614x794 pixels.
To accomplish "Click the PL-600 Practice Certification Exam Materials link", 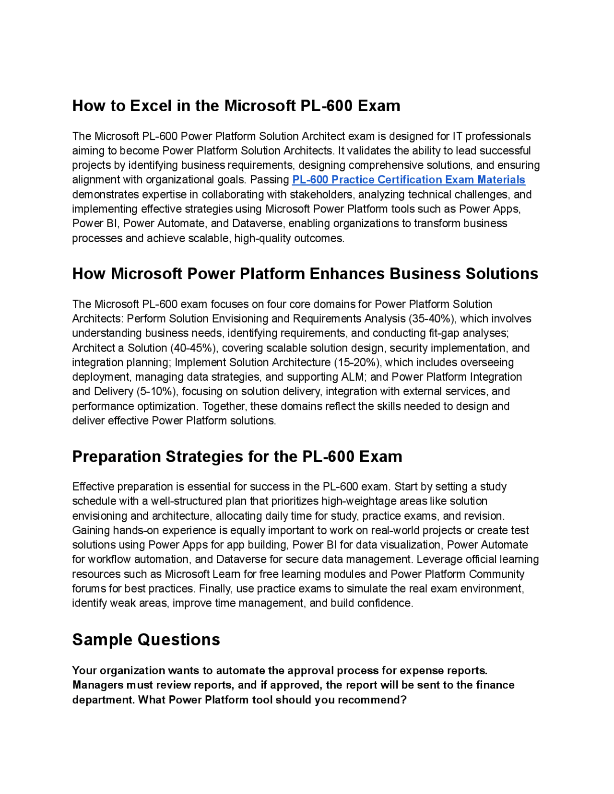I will point(408,180).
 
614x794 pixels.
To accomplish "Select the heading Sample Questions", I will point(146,640).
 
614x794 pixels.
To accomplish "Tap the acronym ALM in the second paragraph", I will point(354,377).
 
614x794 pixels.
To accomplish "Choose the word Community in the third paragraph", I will point(496,574).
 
